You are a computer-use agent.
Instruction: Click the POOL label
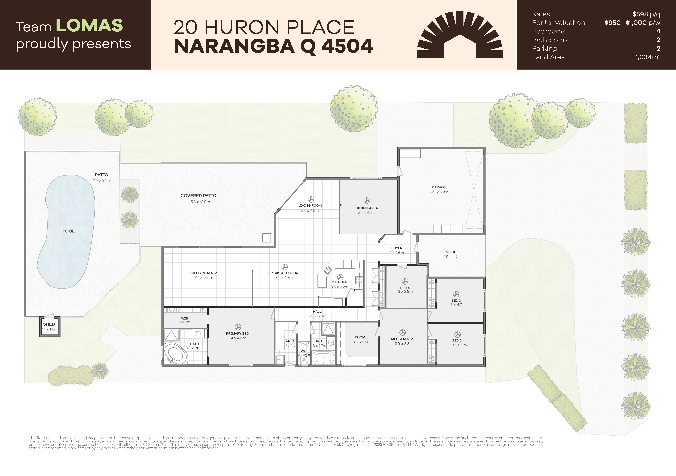68,231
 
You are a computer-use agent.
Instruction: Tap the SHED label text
49,324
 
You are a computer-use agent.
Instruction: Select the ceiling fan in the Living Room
311,199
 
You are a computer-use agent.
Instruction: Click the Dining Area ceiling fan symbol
367,201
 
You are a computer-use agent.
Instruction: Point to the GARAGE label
439,187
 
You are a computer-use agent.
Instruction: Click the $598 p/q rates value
646,14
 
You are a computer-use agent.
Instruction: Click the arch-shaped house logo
460,34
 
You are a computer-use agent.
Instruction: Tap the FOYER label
397,248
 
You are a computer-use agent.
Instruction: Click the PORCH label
450,252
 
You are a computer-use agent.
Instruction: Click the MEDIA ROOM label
402,339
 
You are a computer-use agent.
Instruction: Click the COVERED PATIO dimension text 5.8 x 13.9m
200,202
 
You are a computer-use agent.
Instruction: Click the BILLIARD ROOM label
204,273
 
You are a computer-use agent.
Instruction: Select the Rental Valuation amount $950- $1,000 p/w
632,23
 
